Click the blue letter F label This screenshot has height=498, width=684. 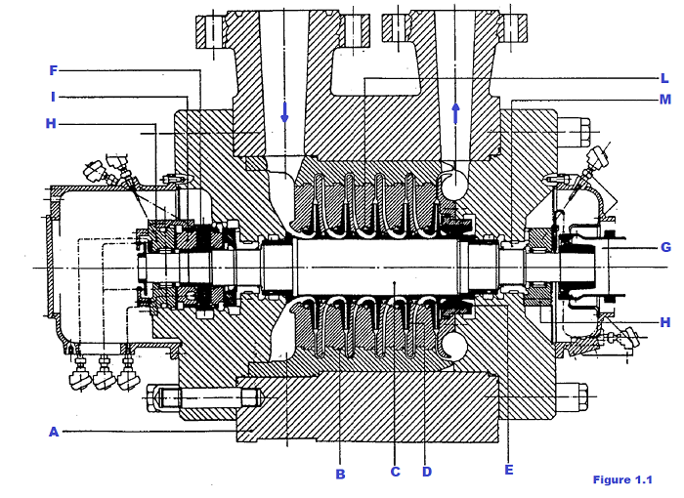tap(54, 70)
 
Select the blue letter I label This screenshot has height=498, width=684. tap(54, 97)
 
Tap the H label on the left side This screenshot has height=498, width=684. tap(51, 123)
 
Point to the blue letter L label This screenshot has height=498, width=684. tap(664, 78)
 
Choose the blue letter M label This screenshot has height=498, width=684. tap(664, 100)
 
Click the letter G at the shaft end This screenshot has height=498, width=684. tap(665, 248)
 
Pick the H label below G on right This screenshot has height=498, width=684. tap(665, 321)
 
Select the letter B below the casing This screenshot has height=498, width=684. tap(340, 474)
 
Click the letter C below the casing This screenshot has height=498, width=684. tap(396, 473)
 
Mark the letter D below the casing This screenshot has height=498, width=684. tap(426, 473)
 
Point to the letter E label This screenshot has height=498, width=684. tap(508, 469)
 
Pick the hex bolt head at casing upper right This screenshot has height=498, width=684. tap(582, 128)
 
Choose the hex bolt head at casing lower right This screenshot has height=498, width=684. tap(582, 398)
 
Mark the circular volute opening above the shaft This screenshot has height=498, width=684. tap(454, 183)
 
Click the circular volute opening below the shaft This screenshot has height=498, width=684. tap(453, 347)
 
